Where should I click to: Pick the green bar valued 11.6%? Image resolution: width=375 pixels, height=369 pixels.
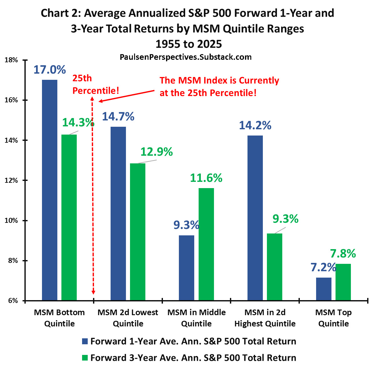click(x=206, y=244)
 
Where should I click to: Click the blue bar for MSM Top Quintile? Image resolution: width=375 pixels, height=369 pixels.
click(x=324, y=289)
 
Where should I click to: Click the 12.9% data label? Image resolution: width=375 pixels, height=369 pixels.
click(x=156, y=152)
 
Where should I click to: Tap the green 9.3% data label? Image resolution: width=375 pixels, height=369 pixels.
click(x=285, y=219)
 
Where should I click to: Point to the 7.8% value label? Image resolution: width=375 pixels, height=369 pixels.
click(x=343, y=254)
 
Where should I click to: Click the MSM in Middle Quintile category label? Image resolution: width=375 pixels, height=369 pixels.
click(x=196, y=318)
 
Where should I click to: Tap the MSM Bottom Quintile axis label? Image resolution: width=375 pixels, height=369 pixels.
click(x=59, y=318)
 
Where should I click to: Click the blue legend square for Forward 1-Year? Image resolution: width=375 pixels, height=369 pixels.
click(x=85, y=341)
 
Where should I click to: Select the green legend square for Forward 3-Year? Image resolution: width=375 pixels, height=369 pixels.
click(x=85, y=358)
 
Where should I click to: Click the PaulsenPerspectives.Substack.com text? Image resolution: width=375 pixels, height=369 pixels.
click(x=185, y=57)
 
